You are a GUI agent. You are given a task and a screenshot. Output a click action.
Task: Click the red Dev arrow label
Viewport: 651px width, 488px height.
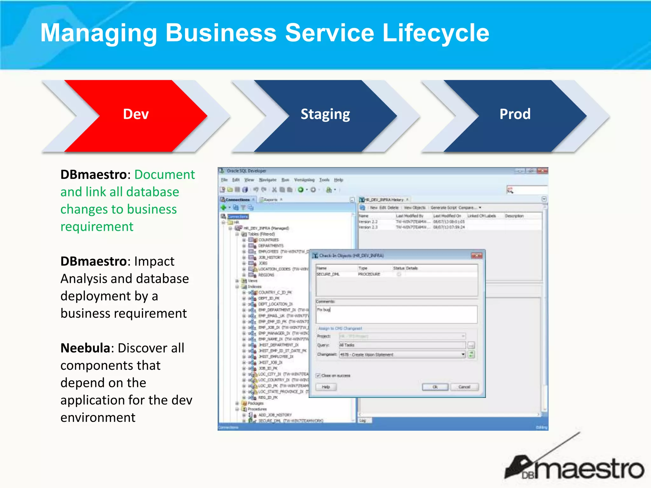point(136,114)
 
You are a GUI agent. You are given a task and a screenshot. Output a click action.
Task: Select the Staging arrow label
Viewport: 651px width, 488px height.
point(325,114)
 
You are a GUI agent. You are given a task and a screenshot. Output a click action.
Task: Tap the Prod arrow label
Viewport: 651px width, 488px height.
point(515,114)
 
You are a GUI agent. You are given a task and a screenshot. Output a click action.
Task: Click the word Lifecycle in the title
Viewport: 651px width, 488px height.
point(435,33)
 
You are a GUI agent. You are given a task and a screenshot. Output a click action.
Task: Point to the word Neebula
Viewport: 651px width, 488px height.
point(85,348)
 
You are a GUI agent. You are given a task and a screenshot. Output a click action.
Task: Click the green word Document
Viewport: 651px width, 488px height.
point(164,175)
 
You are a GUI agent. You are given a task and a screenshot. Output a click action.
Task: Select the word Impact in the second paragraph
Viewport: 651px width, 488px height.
point(154,261)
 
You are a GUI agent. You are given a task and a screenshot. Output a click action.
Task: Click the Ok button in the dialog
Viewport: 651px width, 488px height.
point(435,387)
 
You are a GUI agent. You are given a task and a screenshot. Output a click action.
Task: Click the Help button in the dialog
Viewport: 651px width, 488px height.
point(326,387)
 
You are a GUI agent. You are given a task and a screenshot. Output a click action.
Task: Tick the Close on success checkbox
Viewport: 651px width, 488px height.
point(318,376)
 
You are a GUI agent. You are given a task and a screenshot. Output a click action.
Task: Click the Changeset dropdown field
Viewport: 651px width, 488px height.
point(402,355)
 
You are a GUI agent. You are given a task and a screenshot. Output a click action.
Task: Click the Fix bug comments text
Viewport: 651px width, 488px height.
point(324,309)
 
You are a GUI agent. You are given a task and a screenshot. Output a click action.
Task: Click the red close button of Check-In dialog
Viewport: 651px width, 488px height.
point(476,255)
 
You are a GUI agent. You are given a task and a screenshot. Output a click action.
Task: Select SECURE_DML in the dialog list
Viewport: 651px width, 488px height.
point(328,274)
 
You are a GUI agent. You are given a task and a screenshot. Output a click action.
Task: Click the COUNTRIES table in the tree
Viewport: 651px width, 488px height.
point(268,240)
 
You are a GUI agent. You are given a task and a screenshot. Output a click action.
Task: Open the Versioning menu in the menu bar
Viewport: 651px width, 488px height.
point(304,180)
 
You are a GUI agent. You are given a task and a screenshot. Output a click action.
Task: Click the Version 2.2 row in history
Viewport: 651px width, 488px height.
point(368,222)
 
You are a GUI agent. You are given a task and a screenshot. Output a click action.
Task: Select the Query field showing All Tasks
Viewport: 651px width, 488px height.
point(402,345)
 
